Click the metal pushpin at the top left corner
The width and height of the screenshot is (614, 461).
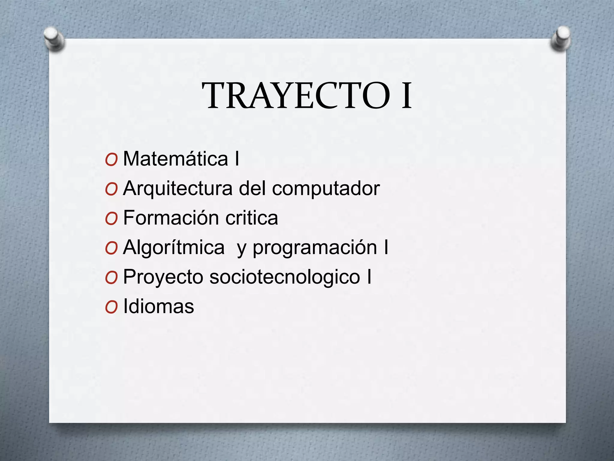[54, 39]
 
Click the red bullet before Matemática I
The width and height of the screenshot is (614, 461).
[111, 160]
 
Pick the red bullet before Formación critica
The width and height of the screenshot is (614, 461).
[111, 219]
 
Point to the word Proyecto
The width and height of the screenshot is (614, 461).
[163, 277]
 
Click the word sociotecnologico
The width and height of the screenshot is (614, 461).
[285, 277]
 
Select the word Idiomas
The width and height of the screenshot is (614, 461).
[159, 306]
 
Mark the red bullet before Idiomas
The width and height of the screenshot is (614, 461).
[111, 308]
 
